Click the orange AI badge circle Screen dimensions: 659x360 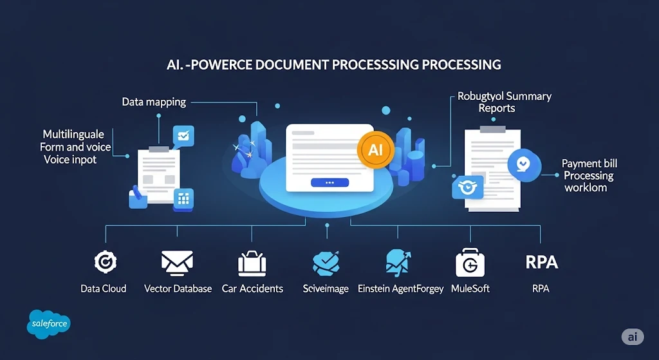click(375, 150)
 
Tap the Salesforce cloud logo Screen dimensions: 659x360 click(49, 324)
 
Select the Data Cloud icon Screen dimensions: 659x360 click(105, 261)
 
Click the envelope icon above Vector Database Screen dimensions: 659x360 click(178, 263)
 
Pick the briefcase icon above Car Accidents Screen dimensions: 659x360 click(252, 263)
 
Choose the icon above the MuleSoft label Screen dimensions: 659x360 click(470, 262)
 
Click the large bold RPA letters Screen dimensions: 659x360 click(541, 262)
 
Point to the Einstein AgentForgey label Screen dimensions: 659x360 click(400, 289)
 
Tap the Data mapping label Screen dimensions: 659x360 click(154, 102)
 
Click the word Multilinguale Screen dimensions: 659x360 click(73, 135)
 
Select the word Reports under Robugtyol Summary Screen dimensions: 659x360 click(497, 108)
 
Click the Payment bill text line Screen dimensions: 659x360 click(589, 164)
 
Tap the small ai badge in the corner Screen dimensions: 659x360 click(633, 337)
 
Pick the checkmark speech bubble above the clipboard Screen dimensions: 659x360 click(183, 137)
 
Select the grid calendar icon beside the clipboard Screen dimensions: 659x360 click(183, 200)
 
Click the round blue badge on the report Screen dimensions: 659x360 click(524, 164)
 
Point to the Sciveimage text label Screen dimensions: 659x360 click(326, 289)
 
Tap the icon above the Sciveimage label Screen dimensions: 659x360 click(326, 263)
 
